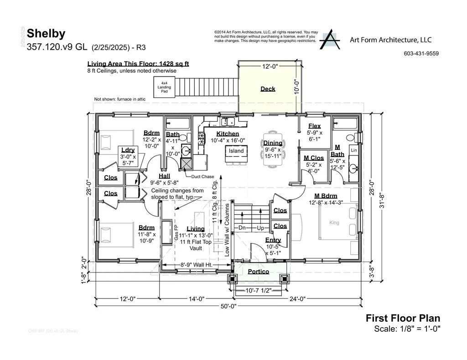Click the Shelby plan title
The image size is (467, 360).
click(x=46, y=33)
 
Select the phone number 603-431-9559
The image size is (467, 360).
click(x=421, y=53)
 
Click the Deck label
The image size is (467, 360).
click(x=268, y=89)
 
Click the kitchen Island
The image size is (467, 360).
click(x=236, y=151)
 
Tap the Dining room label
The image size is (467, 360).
click(x=273, y=143)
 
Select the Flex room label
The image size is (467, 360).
click(x=314, y=126)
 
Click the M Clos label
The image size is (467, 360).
click(x=314, y=158)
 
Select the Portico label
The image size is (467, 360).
click(x=258, y=272)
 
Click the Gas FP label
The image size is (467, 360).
click(x=176, y=232)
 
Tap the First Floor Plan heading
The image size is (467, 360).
click(x=403, y=319)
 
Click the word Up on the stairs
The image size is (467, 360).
click(x=261, y=227)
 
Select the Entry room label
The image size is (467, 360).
click(x=273, y=240)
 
